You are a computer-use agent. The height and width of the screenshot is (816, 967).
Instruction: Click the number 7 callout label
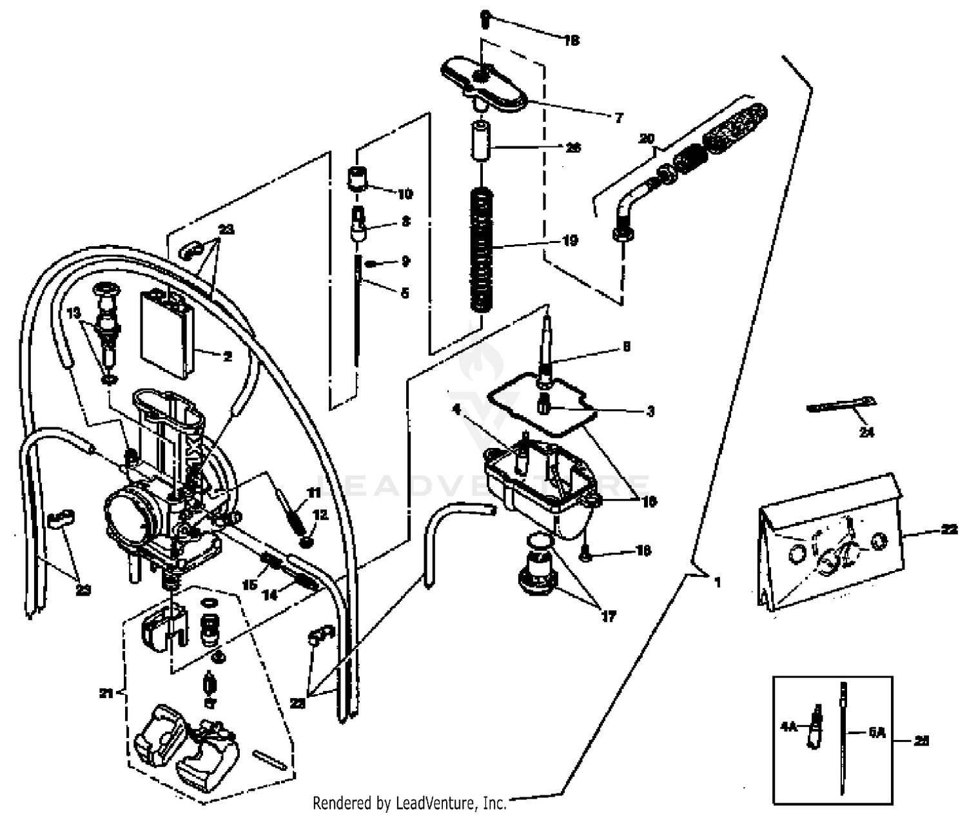coord(618,118)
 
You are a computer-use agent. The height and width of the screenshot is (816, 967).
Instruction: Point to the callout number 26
coord(572,148)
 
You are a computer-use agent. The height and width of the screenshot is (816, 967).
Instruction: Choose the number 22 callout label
coord(948,530)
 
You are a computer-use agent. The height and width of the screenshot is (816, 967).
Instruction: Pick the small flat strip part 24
coord(839,405)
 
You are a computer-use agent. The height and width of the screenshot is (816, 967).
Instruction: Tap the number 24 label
coord(866,432)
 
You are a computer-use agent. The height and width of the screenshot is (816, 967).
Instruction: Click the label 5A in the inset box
coord(877,733)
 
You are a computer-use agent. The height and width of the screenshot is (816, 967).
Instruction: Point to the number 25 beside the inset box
coord(922,741)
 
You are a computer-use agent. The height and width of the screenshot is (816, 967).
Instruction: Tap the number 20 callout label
coord(646,139)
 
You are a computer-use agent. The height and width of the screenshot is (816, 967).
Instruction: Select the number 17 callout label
coord(608,616)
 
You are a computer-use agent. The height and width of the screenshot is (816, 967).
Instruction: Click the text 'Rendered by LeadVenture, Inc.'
coord(409,803)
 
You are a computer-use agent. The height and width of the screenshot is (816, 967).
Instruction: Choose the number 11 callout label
coord(313,493)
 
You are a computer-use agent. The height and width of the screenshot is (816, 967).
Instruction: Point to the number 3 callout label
coord(650,411)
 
